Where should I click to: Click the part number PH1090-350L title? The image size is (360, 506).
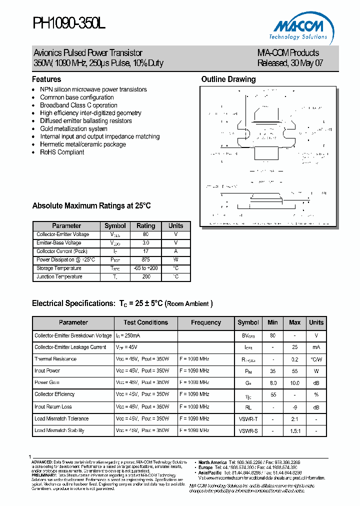[x=69, y=22]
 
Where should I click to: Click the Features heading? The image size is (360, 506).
[x=46, y=79]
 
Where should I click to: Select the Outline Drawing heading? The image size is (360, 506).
[x=228, y=79]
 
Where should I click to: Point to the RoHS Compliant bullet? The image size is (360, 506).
[x=62, y=152]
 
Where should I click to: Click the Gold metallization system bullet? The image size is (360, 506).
[x=73, y=128]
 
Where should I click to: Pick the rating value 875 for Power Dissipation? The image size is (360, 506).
[x=145, y=260]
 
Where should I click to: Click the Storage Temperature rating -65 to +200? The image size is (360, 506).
[x=145, y=268]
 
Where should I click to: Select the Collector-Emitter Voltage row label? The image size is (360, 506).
[x=63, y=234]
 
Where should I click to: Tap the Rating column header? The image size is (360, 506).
[x=145, y=226]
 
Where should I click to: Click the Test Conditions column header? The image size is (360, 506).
[x=145, y=322]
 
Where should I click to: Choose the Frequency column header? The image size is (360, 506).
[x=205, y=322]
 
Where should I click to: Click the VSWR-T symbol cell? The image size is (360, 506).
[x=248, y=418]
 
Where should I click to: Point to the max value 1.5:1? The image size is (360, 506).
[x=294, y=430]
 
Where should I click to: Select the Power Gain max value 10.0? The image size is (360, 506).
[x=294, y=382]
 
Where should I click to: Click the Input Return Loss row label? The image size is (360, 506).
[x=53, y=406]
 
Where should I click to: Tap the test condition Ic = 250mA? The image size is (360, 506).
[x=128, y=335]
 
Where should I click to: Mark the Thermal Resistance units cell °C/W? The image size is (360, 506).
[x=316, y=359]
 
